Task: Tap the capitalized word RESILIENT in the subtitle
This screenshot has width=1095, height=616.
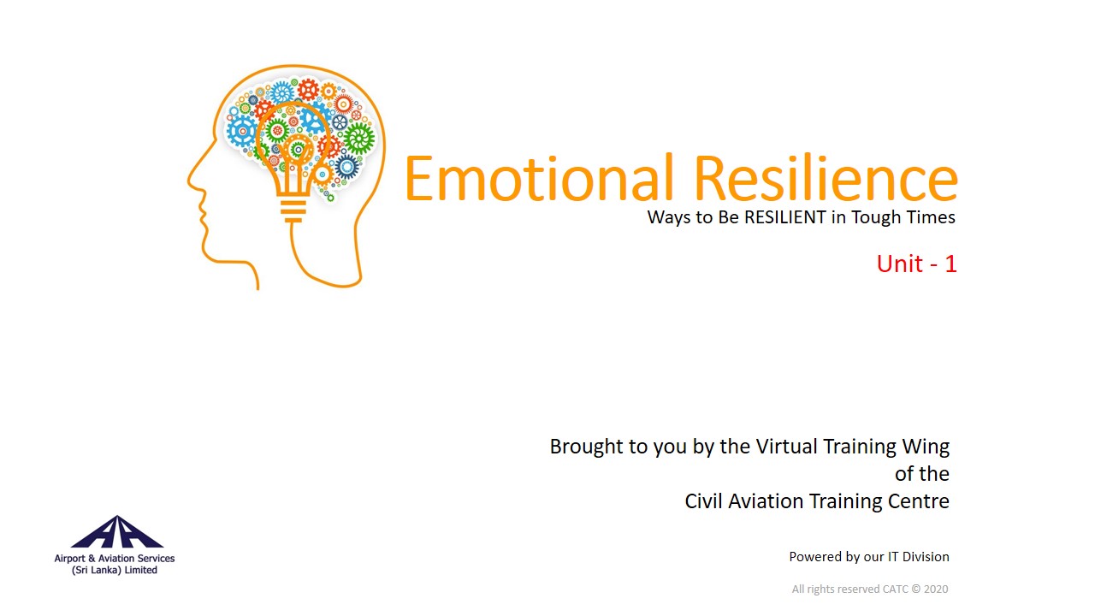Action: (x=785, y=217)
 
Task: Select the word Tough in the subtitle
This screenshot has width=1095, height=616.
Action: (x=879, y=218)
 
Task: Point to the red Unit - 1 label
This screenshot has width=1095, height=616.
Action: (x=916, y=264)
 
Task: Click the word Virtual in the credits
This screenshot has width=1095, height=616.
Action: (x=786, y=447)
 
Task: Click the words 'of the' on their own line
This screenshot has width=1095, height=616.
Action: (x=922, y=474)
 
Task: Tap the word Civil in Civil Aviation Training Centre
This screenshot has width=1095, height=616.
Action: (x=703, y=501)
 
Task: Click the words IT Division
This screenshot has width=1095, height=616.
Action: (x=919, y=557)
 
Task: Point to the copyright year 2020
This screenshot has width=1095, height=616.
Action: (x=936, y=589)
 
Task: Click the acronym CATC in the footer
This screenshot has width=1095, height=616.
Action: (x=896, y=589)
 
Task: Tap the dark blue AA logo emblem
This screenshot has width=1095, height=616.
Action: (x=117, y=532)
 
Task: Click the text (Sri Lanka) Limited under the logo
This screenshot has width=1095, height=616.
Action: (x=115, y=570)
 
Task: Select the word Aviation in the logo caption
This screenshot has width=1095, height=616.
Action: (x=116, y=559)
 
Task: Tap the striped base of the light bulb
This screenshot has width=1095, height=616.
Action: (x=293, y=210)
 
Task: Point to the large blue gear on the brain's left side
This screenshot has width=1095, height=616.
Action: (x=241, y=131)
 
